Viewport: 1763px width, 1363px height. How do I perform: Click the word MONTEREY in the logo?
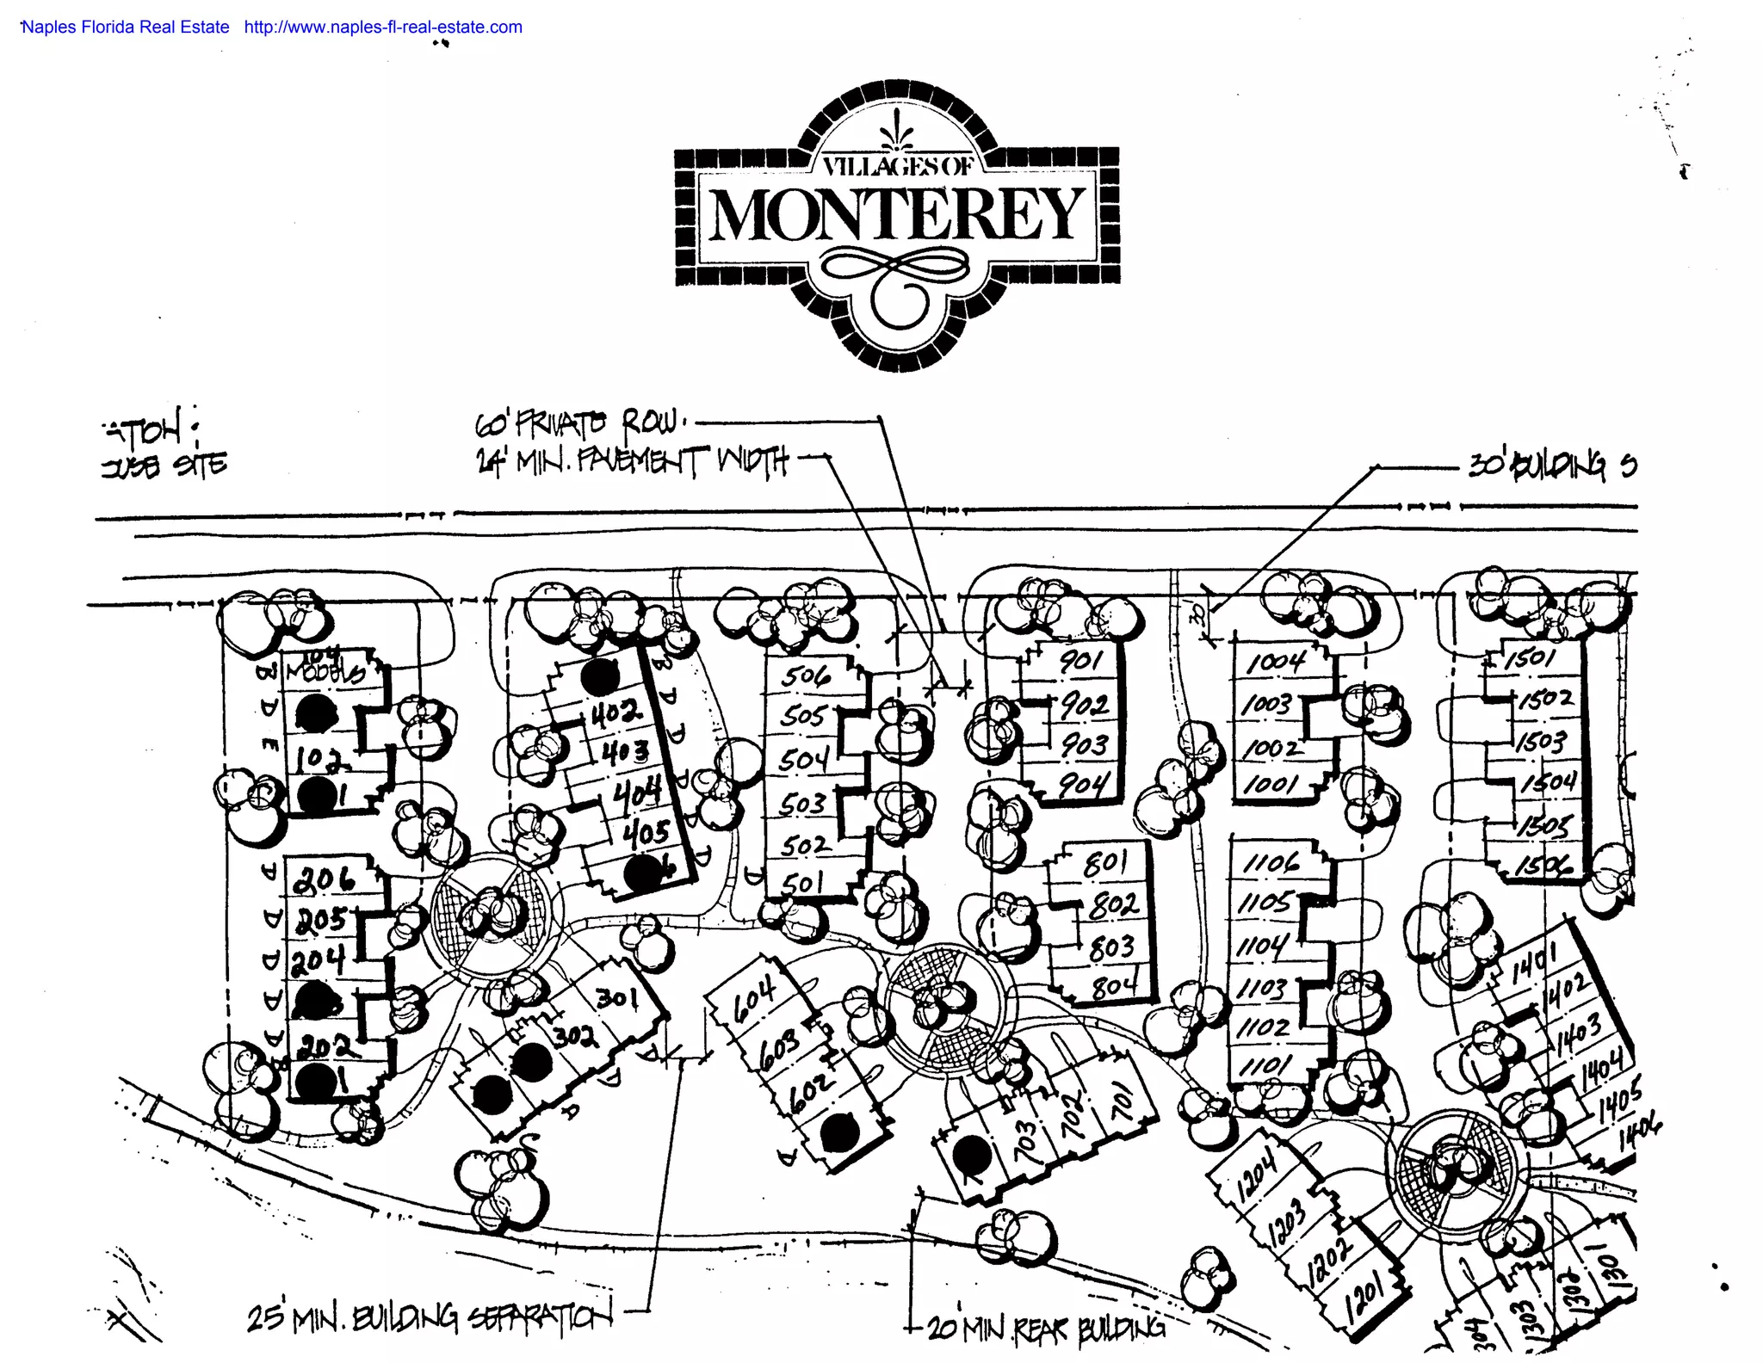click(896, 214)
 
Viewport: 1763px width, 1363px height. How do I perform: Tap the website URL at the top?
click(383, 27)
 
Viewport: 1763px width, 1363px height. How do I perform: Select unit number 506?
click(806, 676)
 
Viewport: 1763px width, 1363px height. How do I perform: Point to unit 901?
click(1080, 661)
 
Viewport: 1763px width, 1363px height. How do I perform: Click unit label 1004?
click(1276, 662)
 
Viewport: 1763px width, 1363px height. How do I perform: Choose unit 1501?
click(1531, 659)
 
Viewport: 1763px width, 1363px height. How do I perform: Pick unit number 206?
click(324, 879)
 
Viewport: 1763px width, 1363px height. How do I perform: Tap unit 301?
click(617, 998)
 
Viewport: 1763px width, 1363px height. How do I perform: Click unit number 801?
click(1105, 863)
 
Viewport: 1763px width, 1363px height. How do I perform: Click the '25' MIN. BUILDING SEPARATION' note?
click(430, 1317)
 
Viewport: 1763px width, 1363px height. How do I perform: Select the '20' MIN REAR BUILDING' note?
click(1045, 1329)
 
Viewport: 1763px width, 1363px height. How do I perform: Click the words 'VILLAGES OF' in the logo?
click(896, 166)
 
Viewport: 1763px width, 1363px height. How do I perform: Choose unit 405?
click(646, 832)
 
